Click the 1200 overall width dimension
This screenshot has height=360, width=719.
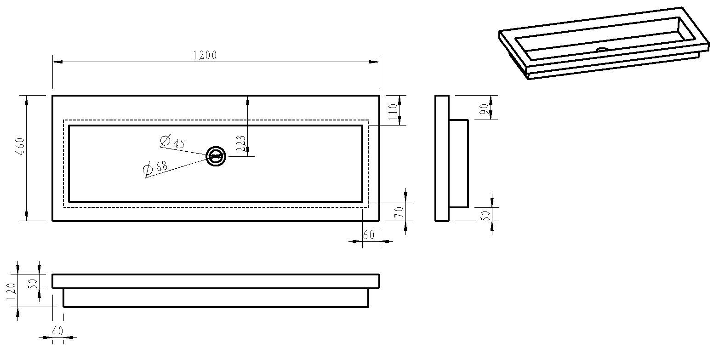pyautogui.click(x=205, y=56)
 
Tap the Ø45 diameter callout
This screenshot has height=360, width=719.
pyautogui.click(x=173, y=142)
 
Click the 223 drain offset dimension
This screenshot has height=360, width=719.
pyautogui.click(x=241, y=143)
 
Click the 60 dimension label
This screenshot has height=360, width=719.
pyautogui.click(x=369, y=235)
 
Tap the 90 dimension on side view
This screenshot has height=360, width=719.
pyautogui.click(x=484, y=109)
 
